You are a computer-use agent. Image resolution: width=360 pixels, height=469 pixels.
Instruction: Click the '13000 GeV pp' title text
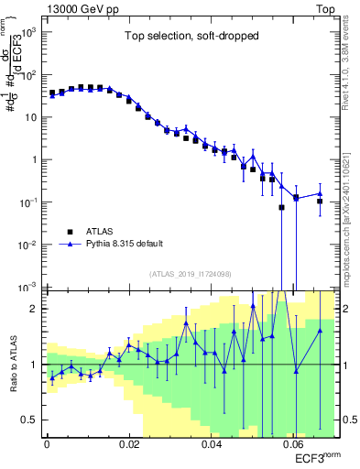pyautogui.click(x=79, y=7)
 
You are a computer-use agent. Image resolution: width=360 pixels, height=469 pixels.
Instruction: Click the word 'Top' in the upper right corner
pyautogui.click(x=327, y=7)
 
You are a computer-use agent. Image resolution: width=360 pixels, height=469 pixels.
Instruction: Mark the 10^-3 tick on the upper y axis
pyautogui.click(x=30, y=287)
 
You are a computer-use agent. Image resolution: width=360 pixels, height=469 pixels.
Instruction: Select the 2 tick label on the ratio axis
pyautogui.click(x=37, y=309)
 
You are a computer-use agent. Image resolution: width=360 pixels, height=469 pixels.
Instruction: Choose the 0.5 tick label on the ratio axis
pyautogui.click(x=33, y=420)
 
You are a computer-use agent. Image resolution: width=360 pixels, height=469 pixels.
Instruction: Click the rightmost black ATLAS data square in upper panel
pyautogui.click(x=320, y=202)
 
